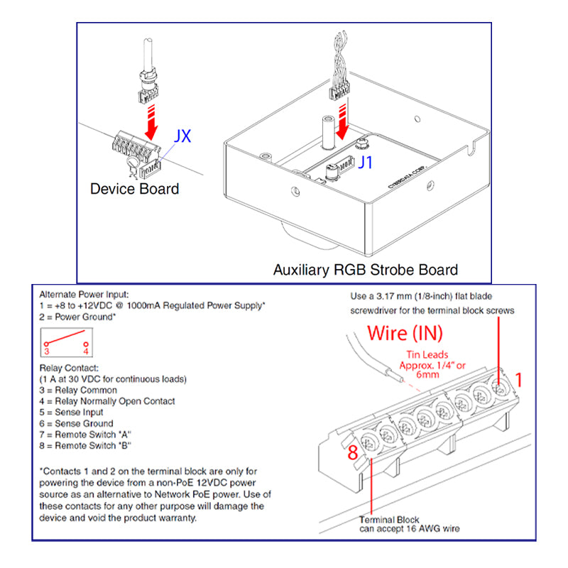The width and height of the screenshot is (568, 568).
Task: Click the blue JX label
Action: point(182,136)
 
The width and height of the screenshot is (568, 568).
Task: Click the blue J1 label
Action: point(365,163)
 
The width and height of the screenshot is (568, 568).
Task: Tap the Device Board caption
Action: point(134,189)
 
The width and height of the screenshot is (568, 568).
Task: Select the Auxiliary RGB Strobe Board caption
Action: point(365,270)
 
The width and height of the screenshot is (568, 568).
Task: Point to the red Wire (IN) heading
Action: point(405,334)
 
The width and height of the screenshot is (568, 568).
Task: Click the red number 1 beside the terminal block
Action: point(518,380)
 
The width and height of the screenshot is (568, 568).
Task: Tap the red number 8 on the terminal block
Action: point(352,452)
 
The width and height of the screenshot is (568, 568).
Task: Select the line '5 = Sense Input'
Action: point(72,412)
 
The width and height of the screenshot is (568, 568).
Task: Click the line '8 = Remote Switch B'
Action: point(86,445)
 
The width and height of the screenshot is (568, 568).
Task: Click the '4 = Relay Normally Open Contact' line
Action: point(107,401)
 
